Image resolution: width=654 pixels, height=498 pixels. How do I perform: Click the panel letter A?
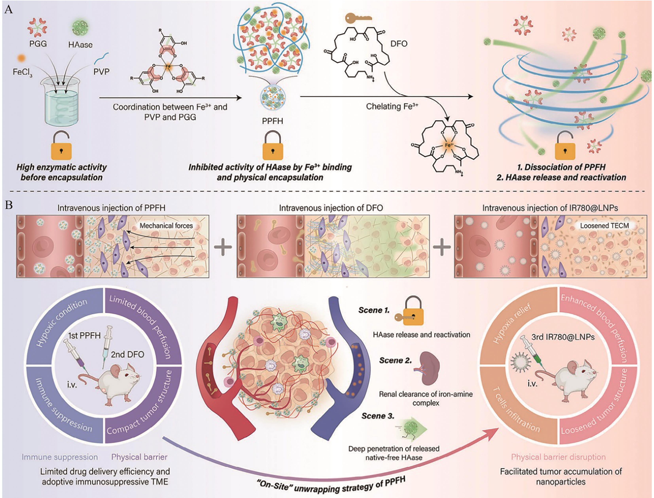(9, 9)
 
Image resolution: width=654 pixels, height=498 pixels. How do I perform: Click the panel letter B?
(9, 205)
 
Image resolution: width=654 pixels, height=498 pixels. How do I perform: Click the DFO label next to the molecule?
(398, 44)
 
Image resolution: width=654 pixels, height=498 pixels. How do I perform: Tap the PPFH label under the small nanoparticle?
(272, 121)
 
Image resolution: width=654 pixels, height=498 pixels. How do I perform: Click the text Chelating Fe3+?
(392, 106)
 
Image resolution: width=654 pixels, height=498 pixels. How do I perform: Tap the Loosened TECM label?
(604, 226)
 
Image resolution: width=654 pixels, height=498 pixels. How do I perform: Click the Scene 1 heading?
(374, 310)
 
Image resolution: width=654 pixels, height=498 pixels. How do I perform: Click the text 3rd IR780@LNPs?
(563, 337)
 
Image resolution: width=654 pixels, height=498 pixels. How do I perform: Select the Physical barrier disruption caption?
(558, 457)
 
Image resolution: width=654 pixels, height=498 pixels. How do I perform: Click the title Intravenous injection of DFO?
(331, 208)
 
